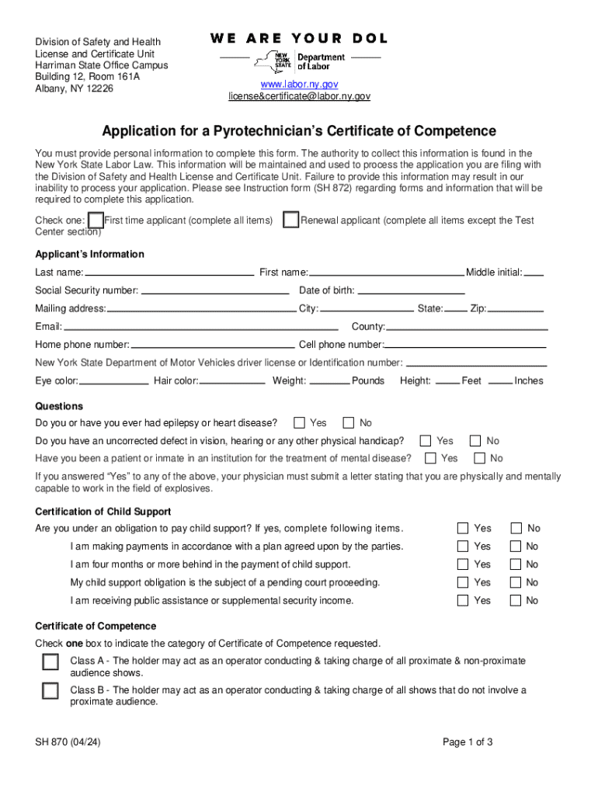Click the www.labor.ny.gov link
(x=299, y=84)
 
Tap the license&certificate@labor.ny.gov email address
(x=299, y=96)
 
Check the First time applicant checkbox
(x=96, y=220)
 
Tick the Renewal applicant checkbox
(x=291, y=220)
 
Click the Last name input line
(x=169, y=273)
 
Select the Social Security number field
(x=214, y=291)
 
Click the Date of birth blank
(x=410, y=291)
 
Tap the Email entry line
(x=201, y=327)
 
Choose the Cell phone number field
(x=465, y=345)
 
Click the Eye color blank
(x=113, y=381)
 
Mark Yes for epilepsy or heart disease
(x=299, y=423)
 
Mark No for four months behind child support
(x=516, y=564)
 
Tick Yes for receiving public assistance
(x=463, y=600)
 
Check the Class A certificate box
(x=50, y=662)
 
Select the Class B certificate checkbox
(x=50, y=691)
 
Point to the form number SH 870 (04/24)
(x=68, y=742)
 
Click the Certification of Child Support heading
(x=103, y=512)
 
